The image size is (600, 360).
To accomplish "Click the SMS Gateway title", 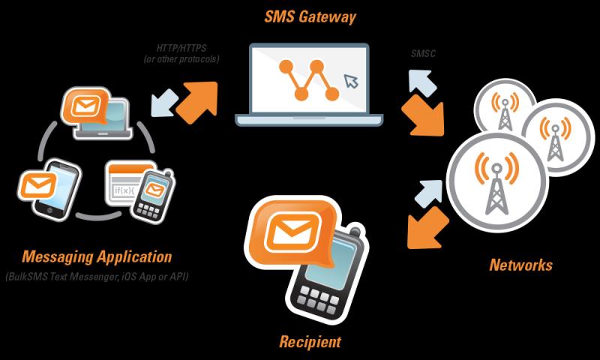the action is (x=310, y=17).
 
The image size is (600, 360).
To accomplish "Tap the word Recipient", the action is (x=310, y=342).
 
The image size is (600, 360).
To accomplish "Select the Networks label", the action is (x=520, y=265).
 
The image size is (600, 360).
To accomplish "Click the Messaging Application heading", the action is (x=97, y=256).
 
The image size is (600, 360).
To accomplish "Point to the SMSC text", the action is (x=423, y=53).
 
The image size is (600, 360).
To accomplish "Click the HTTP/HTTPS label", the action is (x=181, y=49).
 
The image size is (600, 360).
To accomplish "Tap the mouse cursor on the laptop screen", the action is (x=351, y=81).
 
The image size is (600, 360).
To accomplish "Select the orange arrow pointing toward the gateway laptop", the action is (x=198, y=102).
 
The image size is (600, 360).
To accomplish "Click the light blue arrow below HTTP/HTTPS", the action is (x=164, y=103).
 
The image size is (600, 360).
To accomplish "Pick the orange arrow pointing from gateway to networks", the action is (x=423, y=115).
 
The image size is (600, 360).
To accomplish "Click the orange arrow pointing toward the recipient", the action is (x=427, y=229).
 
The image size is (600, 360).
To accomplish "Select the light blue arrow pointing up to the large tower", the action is (x=429, y=193).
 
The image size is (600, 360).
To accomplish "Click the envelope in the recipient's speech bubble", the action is (x=292, y=231).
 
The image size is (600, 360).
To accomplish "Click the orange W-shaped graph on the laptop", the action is (x=309, y=79).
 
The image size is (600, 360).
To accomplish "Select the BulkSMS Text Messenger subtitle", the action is (x=97, y=276).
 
